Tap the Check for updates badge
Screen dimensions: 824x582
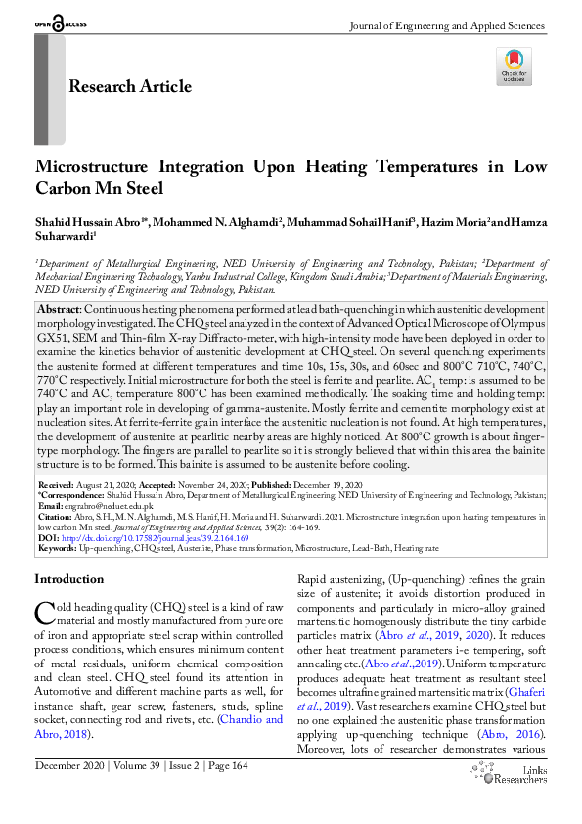coord(515,67)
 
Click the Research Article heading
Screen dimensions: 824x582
coord(129,86)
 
